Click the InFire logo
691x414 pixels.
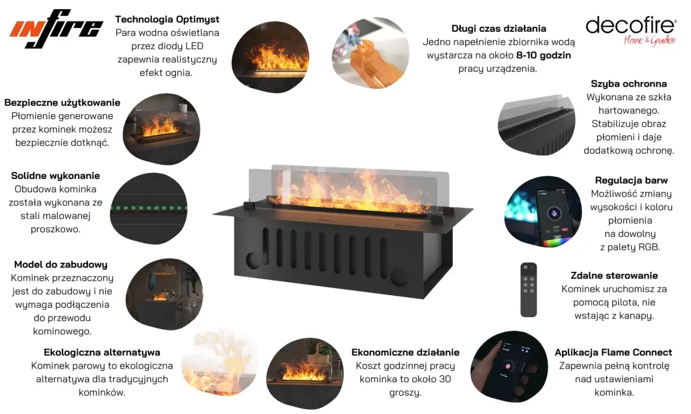[x=56, y=29]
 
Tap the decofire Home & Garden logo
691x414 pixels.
[x=631, y=31]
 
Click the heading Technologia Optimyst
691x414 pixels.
[x=167, y=19]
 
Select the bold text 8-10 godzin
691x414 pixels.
[x=544, y=55]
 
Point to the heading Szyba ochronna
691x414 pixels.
[x=629, y=84]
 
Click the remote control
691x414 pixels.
[x=529, y=289]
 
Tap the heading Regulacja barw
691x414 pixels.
[x=631, y=180]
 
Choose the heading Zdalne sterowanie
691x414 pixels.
[x=614, y=275]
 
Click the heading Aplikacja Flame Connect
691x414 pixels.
[x=613, y=353]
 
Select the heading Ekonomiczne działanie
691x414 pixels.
[x=405, y=353]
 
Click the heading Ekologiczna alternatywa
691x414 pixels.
[x=102, y=353]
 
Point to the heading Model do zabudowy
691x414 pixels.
[x=61, y=265]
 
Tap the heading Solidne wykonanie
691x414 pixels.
[x=56, y=176]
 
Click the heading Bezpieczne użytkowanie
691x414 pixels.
[x=62, y=102]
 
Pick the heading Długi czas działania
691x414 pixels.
[x=499, y=29]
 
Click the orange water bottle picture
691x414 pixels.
[x=370, y=53]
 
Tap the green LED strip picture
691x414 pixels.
[x=148, y=208]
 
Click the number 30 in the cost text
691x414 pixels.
[x=444, y=379]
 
